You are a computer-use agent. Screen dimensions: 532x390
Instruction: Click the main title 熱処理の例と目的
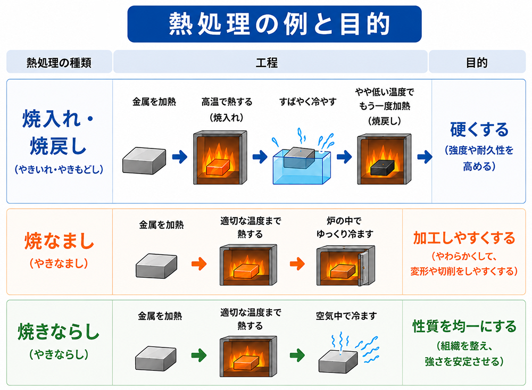[279, 24]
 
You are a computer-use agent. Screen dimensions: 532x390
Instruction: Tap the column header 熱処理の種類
[59, 62]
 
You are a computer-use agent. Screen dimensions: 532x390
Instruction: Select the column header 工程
[267, 62]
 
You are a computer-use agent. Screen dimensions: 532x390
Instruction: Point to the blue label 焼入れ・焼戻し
[58, 132]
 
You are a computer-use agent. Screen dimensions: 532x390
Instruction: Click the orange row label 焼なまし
[59, 242]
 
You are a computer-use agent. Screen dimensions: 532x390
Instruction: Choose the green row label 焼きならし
[59, 331]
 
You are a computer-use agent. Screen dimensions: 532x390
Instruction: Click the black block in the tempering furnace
[382, 168]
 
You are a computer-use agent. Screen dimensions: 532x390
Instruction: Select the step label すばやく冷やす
[307, 102]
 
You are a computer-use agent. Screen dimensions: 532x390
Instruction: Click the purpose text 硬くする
[479, 130]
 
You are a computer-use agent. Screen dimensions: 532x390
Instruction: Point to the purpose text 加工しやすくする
[464, 238]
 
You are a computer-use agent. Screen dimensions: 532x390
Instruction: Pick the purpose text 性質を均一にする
[464, 326]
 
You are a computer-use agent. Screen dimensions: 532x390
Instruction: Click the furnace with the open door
[346, 265]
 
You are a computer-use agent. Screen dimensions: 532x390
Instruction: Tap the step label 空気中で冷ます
[346, 316]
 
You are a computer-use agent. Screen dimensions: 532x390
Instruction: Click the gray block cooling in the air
[338, 362]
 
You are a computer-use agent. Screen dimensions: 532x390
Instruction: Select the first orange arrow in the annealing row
[199, 264]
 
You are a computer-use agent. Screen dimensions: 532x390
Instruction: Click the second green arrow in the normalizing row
[297, 355]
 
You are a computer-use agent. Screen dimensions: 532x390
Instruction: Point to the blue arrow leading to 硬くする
[425, 157]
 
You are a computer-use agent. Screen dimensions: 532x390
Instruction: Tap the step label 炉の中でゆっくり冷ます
[345, 227]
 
